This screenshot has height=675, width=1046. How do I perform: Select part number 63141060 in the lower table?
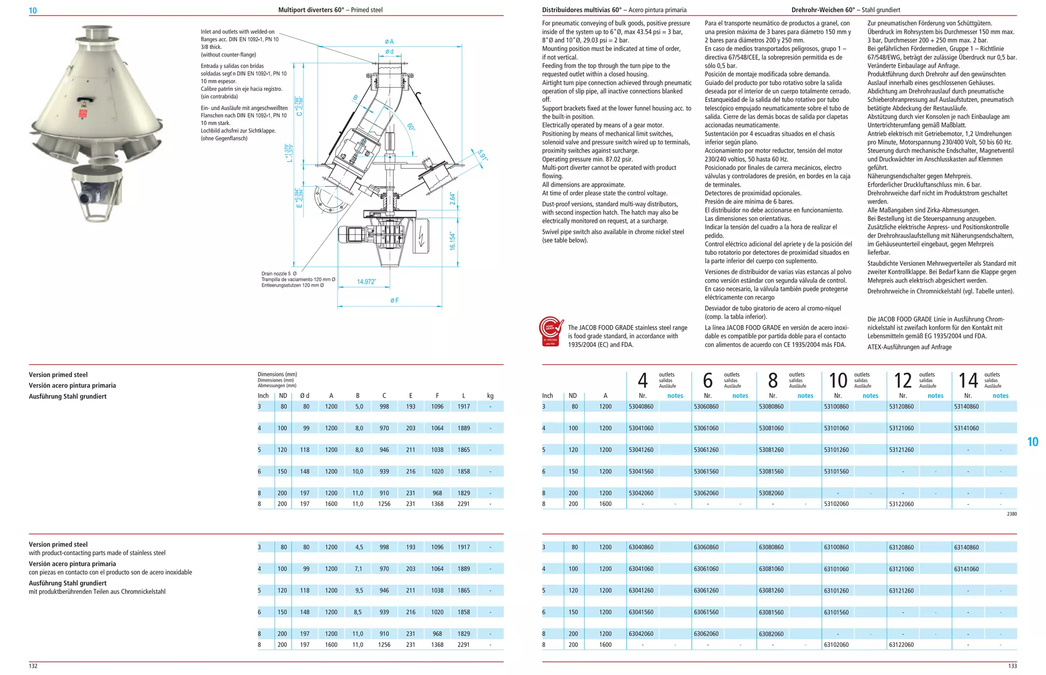966,569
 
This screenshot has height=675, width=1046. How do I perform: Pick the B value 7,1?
359,569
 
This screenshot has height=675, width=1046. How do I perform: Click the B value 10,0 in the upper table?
358,471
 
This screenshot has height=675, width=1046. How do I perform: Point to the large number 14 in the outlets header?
968,381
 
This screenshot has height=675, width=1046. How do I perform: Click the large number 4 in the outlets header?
643,381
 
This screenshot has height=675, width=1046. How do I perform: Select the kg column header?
490,396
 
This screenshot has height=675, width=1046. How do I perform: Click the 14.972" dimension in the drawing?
366,282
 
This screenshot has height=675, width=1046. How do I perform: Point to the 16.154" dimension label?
452,241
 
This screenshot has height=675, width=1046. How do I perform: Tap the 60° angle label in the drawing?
411,127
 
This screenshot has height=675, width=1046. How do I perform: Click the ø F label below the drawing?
394,301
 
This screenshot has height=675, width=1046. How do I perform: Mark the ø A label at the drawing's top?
389,42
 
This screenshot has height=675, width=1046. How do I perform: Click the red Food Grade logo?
552,332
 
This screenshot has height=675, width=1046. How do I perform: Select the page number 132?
33,666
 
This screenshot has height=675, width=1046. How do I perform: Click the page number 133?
1012,666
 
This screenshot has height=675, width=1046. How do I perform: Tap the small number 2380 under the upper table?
1012,514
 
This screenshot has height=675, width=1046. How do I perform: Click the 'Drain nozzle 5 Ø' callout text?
279,274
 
